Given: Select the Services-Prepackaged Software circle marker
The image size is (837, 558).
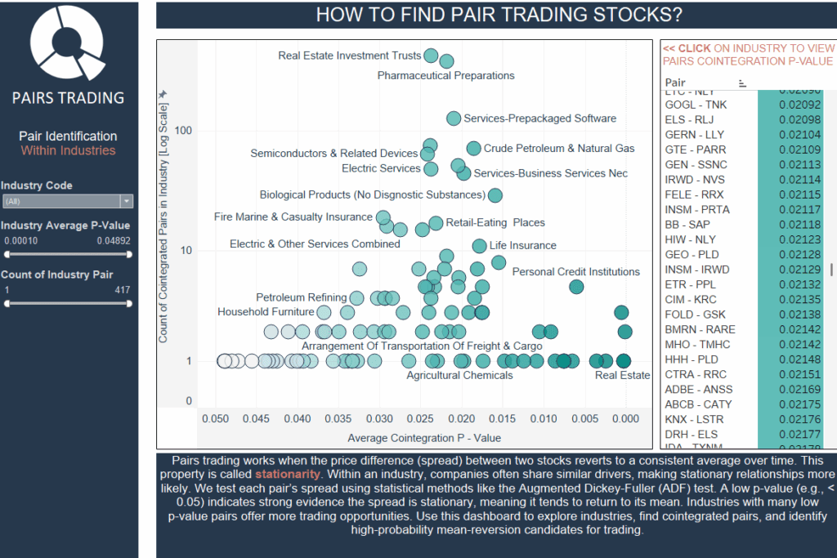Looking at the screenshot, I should coord(454,118).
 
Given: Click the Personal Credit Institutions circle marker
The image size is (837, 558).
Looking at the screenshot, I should coord(576,287).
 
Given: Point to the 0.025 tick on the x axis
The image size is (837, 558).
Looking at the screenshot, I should coord(420,417).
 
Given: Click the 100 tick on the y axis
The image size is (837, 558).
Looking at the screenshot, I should coord(182,131).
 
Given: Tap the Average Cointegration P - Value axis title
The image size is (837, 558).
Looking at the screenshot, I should coord(424,438).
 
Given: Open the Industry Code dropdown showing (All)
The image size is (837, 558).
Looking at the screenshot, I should coord(67,201).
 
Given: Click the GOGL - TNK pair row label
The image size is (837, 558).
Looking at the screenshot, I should coord(696,105).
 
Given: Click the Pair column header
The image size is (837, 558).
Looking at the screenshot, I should coord(675,83).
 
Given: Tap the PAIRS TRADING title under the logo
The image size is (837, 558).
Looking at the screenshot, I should coord(68,98).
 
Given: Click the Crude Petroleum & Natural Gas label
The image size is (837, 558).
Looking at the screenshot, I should coord(558,149).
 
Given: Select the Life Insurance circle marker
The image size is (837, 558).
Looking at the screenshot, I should coord(480,246).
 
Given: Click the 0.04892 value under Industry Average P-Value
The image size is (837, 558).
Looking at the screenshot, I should coord(113,241).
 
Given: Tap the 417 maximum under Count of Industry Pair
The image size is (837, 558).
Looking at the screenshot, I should coord(122,290).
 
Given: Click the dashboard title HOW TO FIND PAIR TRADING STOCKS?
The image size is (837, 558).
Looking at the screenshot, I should coord(499,15).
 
